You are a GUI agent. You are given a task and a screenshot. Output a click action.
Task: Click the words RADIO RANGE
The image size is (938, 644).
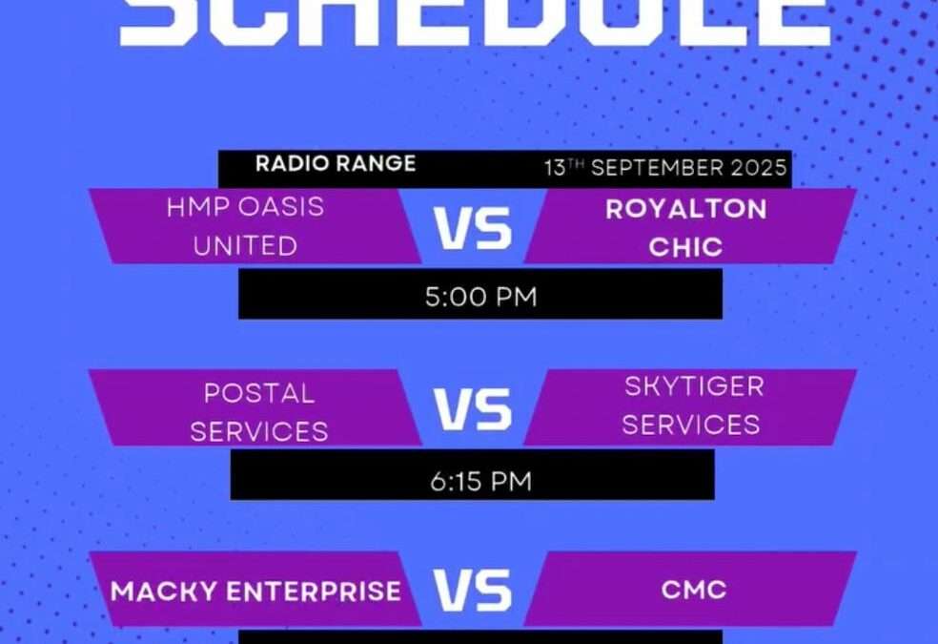335,163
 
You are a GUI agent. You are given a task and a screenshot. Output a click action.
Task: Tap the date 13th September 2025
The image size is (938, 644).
665,169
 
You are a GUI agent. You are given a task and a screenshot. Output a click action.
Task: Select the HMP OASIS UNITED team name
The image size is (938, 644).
245,226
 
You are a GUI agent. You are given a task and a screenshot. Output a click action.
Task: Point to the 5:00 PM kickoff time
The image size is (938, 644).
480,297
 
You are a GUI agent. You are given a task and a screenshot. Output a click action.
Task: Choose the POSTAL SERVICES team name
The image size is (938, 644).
258,411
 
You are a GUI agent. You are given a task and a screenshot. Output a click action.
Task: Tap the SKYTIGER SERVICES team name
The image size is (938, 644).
692,405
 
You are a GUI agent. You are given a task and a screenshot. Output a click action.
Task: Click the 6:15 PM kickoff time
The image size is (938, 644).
480,481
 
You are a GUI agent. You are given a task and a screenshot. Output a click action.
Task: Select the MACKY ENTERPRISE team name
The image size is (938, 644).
255,592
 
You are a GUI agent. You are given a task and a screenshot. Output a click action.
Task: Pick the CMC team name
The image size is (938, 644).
694,590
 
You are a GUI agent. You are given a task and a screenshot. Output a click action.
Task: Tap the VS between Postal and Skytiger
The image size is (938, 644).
473,409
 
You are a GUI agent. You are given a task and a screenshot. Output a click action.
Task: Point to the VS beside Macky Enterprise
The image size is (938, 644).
473,590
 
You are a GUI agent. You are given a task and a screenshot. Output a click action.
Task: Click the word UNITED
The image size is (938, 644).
245,246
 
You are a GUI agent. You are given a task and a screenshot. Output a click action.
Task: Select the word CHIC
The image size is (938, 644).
685,247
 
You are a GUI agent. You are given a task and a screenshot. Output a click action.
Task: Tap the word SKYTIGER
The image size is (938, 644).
694,386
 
